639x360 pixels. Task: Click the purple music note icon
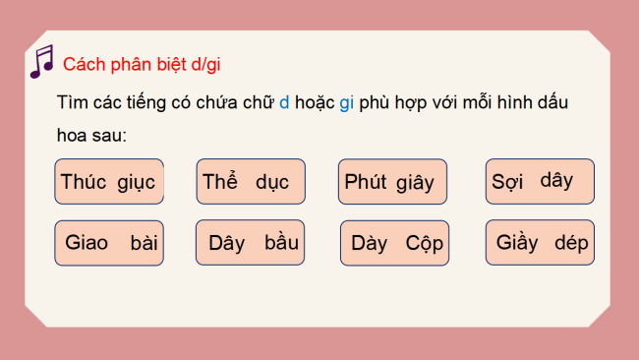[41, 61]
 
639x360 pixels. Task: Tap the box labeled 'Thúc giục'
[109, 182]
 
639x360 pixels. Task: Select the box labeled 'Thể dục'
[251, 182]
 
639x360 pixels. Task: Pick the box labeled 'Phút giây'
[391, 182]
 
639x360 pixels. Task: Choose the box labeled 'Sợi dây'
[540, 181]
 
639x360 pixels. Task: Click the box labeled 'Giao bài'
[109, 243]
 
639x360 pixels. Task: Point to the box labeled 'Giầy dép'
[540, 242]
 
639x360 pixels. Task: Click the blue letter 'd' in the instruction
[284, 103]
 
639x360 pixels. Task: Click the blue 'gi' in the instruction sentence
[346, 103]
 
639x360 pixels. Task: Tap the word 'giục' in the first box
[136, 183]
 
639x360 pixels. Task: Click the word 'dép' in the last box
[571, 243]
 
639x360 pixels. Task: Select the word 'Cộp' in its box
[425, 244]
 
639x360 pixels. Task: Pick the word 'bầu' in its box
[282, 243]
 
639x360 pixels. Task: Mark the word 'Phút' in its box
[366, 182]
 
